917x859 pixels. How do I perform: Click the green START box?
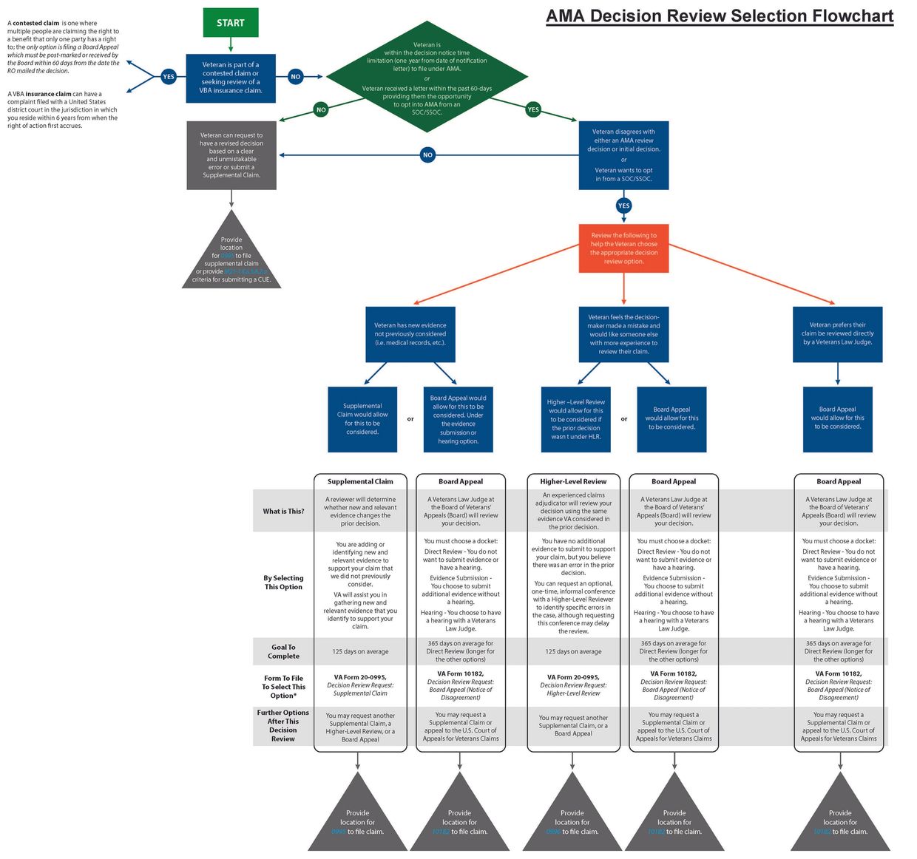(x=231, y=23)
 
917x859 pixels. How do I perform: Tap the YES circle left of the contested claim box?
(x=169, y=76)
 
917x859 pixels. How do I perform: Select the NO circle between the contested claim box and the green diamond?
(x=296, y=76)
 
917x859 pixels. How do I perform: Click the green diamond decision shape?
(x=427, y=77)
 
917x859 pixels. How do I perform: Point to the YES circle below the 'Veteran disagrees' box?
(x=623, y=206)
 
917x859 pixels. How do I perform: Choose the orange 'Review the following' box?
(x=623, y=248)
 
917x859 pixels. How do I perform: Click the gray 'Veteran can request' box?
(x=231, y=155)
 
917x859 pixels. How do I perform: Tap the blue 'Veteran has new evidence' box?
(x=410, y=333)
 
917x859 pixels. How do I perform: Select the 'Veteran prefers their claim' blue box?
(x=837, y=334)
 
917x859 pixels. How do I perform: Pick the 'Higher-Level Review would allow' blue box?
(x=575, y=419)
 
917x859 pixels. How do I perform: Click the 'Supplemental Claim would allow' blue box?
(x=362, y=419)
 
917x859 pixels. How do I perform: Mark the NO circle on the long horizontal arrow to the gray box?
(x=427, y=155)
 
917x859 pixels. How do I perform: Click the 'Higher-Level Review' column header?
(x=573, y=481)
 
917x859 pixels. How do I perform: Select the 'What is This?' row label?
(x=283, y=511)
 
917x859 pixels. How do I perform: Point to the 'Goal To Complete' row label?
(x=283, y=651)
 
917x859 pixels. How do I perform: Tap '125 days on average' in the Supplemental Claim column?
(x=360, y=651)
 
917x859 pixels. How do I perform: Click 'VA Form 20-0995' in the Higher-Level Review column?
(x=573, y=677)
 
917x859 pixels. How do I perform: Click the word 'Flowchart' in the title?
(x=853, y=16)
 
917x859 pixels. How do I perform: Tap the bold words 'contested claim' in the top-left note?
(x=35, y=24)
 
